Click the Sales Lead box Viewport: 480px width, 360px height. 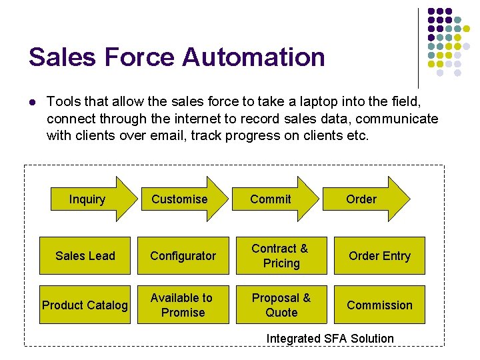coord(85,256)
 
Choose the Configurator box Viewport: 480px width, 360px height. coord(183,256)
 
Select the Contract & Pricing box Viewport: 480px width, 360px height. coord(281,256)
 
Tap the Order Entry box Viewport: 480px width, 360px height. coord(379,256)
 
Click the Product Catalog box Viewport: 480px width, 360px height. coord(85,305)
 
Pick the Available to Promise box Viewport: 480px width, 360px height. coord(183,305)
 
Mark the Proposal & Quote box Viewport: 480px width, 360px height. coord(281,305)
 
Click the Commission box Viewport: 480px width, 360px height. coord(379,305)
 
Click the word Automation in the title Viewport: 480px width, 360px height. coord(254,57)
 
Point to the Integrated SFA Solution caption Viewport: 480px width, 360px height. coord(330,339)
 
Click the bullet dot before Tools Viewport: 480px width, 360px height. coord(31,102)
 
